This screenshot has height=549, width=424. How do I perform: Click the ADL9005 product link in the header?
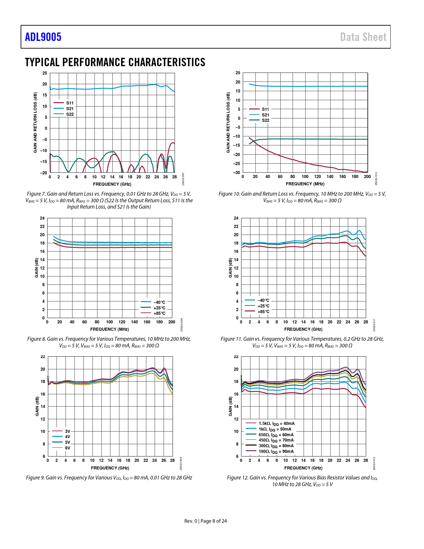pyautogui.click(x=43, y=37)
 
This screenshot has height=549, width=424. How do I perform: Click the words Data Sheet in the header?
pyautogui.click(x=363, y=37)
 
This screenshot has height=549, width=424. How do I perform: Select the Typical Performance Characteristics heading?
pyautogui.click(x=115, y=62)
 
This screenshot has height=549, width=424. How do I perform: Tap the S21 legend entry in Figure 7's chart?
pyautogui.click(x=70, y=108)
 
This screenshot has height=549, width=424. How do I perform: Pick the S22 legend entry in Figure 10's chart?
pyautogui.click(x=265, y=120)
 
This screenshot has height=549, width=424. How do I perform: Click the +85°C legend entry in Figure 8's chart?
pyautogui.click(x=159, y=313)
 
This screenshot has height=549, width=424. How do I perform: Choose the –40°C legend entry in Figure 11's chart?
pyautogui.click(x=263, y=300)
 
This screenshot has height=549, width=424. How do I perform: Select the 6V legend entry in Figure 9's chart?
pyautogui.click(x=68, y=448)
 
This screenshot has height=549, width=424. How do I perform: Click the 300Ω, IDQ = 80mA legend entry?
pyautogui.click(x=276, y=446)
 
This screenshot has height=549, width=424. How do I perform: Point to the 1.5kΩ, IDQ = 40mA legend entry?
pyautogui.click(x=277, y=424)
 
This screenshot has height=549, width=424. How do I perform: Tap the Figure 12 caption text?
pyautogui.click(x=302, y=481)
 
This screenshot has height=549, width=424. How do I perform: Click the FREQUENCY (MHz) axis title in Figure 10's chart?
pyautogui.click(x=305, y=184)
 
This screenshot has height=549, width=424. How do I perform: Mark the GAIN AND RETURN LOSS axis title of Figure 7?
pyautogui.click(x=35, y=123)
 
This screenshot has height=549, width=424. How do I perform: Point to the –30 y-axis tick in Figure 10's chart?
pyautogui.click(x=237, y=173)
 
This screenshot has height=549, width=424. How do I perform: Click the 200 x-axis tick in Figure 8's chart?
pyautogui.click(x=172, y=322)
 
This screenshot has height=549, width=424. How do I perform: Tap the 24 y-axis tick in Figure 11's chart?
pyautogui.click(x=236, y=218)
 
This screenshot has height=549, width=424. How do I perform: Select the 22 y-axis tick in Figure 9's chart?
pyautogui.click(x=43, y=357)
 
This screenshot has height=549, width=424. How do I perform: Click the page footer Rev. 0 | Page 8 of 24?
pyautogui.click(x=206, y=521)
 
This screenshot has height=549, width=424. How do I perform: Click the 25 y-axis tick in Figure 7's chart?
pyautogui.click(x=45, y=73)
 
